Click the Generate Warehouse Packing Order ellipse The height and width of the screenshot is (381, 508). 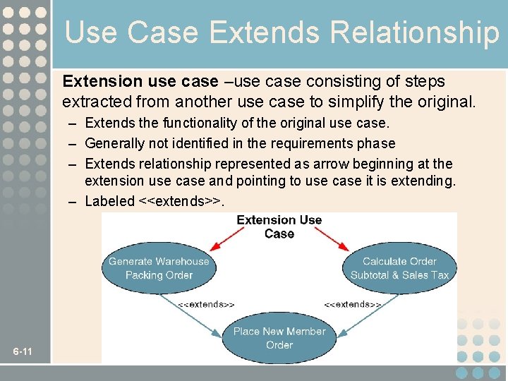tap(159, 268)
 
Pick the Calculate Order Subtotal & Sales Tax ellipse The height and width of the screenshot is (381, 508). tap(399, 268)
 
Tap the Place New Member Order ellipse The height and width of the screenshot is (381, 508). tap(279, 337)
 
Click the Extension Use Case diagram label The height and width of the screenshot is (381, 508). tap(279, 226)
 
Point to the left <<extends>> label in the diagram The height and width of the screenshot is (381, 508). tap(206, 304)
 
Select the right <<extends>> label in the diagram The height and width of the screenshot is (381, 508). tap(353, 304)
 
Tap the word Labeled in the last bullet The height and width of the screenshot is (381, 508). tap(109, 201)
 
